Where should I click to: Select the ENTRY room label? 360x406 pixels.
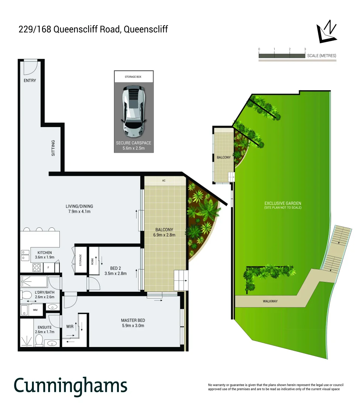(x=30, y=80)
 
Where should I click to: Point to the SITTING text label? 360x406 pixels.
(x=53, y=148)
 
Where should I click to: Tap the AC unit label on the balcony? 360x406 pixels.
(x=164, y=181)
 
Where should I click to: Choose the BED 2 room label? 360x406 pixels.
(x=115, y=268)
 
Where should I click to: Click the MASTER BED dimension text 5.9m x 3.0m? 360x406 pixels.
(x=133, y=326)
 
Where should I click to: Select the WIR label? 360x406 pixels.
(x=70, y=326)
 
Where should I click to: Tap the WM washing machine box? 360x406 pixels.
(x=35, y=310)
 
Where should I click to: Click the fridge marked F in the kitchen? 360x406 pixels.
(x=48, y=268)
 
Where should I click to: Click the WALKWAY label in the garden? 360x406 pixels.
(x=270, y=301)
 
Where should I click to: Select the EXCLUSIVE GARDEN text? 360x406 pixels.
(x=283, y=203)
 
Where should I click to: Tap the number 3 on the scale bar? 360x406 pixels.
(x=305, y=49)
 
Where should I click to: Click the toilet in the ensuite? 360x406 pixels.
(x=39, y=340)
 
